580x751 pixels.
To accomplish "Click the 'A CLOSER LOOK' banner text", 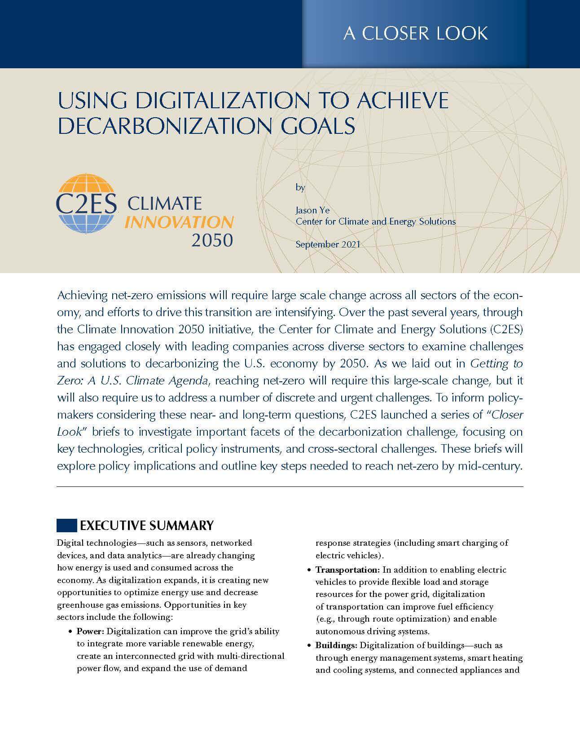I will [x=415, y=33].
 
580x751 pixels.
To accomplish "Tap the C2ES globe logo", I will [x=86, y=203].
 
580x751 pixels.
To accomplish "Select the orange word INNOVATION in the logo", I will [x=179, y=222].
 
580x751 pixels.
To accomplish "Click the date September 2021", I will [x=328, y=244].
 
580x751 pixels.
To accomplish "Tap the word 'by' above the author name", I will [x=300, y=187].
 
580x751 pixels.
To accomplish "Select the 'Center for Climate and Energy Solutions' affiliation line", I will [x=375, y=221].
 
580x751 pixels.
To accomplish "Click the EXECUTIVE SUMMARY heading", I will [x=146, y=525].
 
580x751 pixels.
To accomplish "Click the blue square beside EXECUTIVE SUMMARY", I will [x=66, y=525].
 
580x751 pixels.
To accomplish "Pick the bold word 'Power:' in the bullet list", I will [x=90, y=631].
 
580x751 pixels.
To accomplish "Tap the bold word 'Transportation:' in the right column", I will [x=347, y=570].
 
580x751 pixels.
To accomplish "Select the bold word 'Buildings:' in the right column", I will [x=336, y=645].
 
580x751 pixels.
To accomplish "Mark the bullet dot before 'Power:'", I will [x=70, y=632].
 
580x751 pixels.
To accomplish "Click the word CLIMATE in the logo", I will [x=164, y=203].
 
